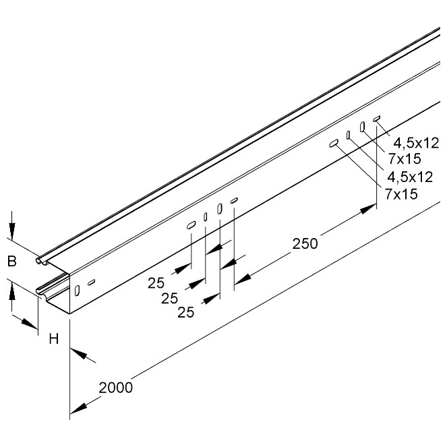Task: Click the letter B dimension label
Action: point(12,261)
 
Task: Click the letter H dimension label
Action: point(54,339)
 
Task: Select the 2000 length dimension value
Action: point(116,388)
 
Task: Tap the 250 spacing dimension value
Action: point(305,244)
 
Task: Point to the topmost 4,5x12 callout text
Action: point(416,143)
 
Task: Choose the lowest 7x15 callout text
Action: point(401,194)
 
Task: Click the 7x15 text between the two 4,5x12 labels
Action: point(405,159)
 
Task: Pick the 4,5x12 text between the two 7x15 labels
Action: point(410,177)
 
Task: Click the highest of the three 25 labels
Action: point(156,283)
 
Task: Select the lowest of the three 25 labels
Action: point(186,312)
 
